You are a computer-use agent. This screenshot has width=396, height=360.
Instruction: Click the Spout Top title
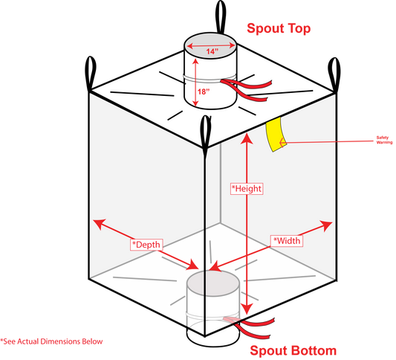point(279,28)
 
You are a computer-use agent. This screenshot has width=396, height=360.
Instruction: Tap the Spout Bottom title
point(293,350)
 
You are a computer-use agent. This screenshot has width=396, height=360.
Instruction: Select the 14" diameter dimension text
point(212,51)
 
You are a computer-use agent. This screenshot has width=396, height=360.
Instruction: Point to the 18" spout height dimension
point(204,91)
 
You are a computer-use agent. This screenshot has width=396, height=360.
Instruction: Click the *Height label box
point(247,189)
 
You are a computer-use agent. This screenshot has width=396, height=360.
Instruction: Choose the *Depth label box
point(146,245)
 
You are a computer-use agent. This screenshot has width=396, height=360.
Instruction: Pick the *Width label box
point(287,241)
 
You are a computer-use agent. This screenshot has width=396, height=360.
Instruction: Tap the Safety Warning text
point(384,140)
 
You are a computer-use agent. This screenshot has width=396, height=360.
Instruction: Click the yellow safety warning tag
point(276,134)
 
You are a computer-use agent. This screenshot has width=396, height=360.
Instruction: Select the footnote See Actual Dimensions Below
point(51,341)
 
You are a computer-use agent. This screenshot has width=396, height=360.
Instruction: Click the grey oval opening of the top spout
point(211,46)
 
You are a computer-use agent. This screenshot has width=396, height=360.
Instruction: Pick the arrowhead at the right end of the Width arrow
point(326,225)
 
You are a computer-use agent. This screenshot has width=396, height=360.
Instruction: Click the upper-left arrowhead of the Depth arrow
point(100,223)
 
